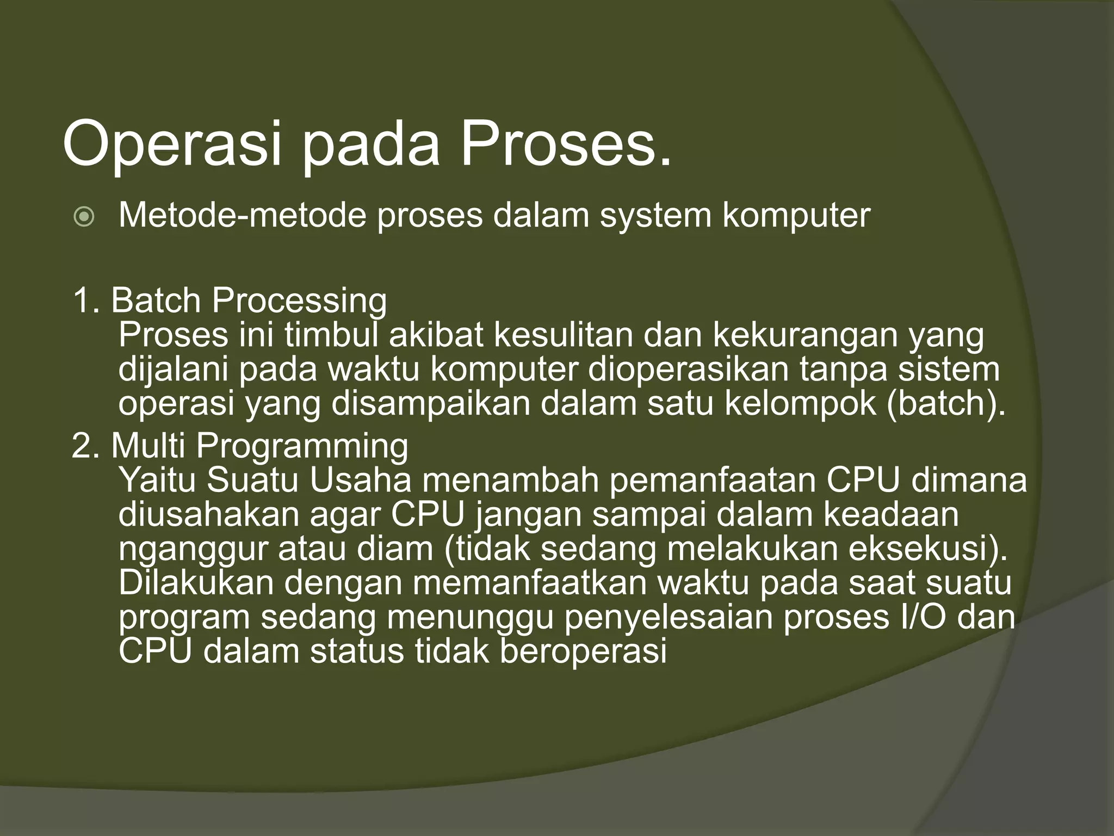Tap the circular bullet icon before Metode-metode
tap(84, 218)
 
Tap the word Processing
tap(299, 302)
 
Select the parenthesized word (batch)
tap(946, 403)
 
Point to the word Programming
tap(302, 447)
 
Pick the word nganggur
tap(193, 550)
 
